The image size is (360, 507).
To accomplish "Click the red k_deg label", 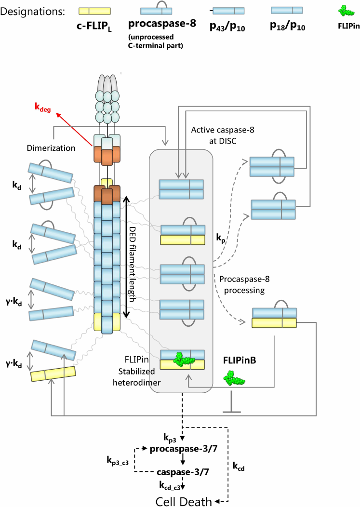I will coord(44,108).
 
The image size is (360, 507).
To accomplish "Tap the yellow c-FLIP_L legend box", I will coord(94,11).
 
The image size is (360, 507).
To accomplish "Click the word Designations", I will coord(33,11).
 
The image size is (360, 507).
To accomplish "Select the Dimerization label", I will coord(51,148).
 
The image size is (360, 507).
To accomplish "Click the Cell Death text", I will coord(183,502).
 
